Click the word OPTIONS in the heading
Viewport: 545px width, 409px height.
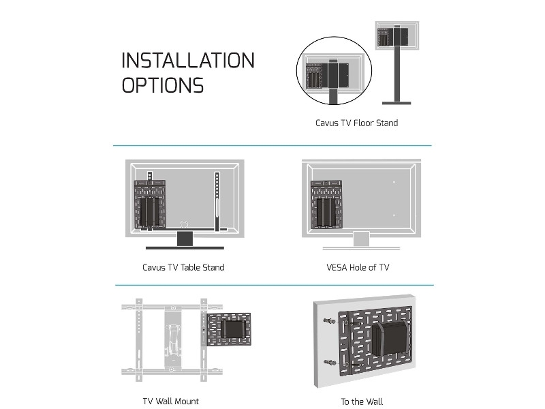162,86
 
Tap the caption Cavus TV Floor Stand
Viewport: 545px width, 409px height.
356,123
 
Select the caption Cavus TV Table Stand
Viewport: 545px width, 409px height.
183,267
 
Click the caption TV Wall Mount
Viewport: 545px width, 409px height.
171,401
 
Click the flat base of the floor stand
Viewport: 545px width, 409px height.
396,103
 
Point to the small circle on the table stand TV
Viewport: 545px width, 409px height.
183,224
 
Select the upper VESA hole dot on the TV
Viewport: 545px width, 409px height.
394,183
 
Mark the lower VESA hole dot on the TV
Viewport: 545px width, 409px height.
394,215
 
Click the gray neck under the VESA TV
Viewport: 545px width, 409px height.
361,238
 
